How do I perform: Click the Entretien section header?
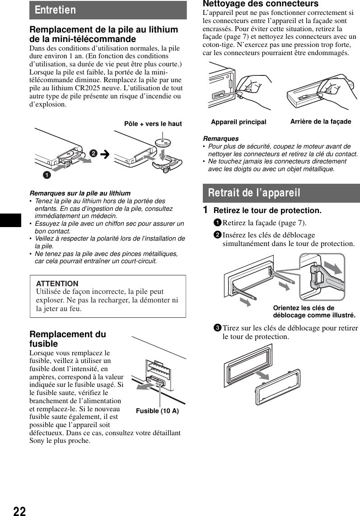(53, 10)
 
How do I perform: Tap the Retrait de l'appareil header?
(254, 193)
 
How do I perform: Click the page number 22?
(19, 511)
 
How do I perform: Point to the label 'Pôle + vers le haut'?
(153, 124)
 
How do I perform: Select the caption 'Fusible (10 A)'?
(157, 411)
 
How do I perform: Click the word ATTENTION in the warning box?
(57, 284)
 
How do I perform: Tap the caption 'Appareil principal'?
(238, 122)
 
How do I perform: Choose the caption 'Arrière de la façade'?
(320, 121)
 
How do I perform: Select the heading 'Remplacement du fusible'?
(68, 339)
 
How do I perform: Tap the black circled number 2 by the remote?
(93, 153)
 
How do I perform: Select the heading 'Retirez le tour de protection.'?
(267, 211)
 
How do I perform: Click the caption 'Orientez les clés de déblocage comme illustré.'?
(314, 311)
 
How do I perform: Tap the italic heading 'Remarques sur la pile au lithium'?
(80, 193)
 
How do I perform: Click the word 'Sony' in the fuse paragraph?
(37, 441)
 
